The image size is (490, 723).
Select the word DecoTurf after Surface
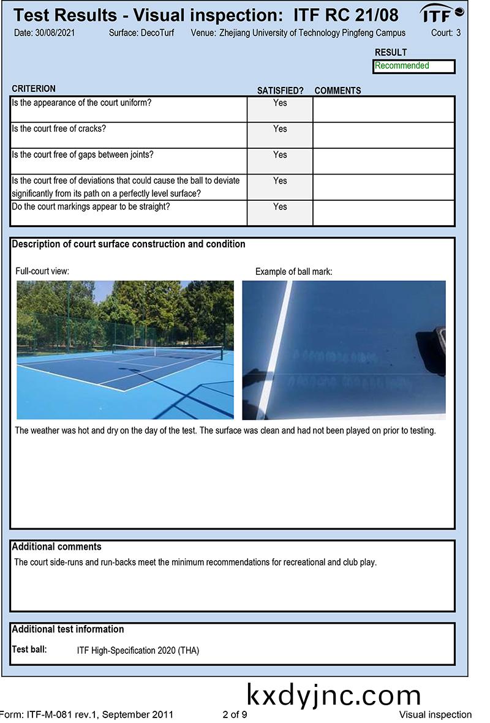point(158,32)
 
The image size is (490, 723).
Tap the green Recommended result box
point(413,66)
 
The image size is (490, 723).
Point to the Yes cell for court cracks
point(280,129)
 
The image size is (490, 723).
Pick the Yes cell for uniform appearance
point(280,103)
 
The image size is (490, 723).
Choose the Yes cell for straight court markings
point(280,207)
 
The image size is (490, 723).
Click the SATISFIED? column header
point(280,91)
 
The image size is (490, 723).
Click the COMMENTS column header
point(337,91)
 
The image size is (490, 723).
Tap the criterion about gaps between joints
point(83,155)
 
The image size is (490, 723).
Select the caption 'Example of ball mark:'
point(293,271)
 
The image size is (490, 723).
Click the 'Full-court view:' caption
point(42,271)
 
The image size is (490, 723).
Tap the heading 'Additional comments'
point(56,547)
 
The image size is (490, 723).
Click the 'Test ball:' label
point(29,650)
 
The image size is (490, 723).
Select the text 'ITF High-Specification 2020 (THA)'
point(138,651)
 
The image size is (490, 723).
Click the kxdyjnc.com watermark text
point(334,695)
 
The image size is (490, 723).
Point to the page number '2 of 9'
point(235,714)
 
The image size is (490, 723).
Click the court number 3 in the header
point(458,32)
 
